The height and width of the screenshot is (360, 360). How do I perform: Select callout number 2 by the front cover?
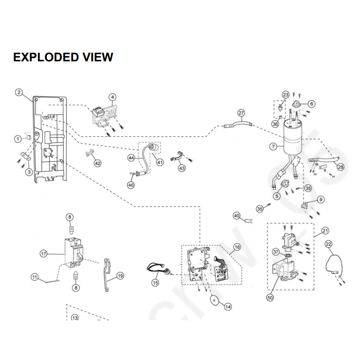pyautogui.click(x=19, y=93)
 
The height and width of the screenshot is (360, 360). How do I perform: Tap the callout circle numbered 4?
pyautogui.click(x=113, y=97)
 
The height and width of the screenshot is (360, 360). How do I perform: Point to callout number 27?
pyautogui.click(x=241, y=113)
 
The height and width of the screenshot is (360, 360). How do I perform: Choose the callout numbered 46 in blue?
pyautogui.click(x=131, y=185)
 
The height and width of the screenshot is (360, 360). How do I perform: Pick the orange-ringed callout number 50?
pyautogui.click(x=270, y=298)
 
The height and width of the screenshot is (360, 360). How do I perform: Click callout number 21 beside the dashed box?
pyautogui.click(x=325, y=231)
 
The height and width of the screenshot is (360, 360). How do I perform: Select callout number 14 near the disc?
pyautogui.click(x=228, y=307)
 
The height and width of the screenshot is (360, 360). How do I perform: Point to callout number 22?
pyautogui.click(x=328, y=244)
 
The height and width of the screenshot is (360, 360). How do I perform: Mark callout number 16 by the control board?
pyautogui.click(x=237, y=247)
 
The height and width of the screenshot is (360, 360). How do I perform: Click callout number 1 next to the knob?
pyautogui.click(x=18, y=139)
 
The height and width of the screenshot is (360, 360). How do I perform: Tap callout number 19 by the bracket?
pyautogui.click(x=120, y=276)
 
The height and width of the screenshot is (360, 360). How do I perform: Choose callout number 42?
pyautogui.click(x=97, y=163)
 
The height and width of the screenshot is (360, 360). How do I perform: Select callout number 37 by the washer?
pyautogui.click(x=275, y=252)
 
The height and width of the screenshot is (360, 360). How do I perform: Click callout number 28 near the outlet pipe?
pyautogui.click(x=340, y=167)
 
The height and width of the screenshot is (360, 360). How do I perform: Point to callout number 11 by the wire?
pyautogui.click(x=35, y=277)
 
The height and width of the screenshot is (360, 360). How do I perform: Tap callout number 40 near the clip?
pyautogui.click(x=237, y=216)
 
